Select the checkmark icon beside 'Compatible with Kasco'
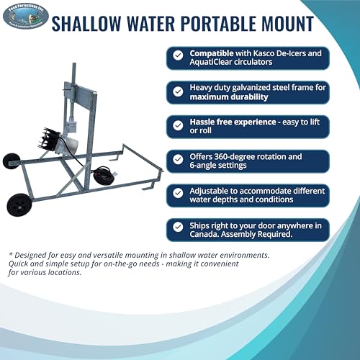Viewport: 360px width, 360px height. click(x=178, y=55)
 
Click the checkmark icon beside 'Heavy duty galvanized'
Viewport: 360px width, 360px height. click(x=178, y=90)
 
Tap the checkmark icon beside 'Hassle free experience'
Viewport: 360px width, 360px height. click(x=178, y=125)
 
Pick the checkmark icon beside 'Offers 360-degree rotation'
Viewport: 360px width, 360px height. click(x=178, y=160)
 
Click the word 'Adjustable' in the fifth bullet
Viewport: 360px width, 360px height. click(x=214, y=191)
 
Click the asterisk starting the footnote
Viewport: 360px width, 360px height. click(x=11, y=254)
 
